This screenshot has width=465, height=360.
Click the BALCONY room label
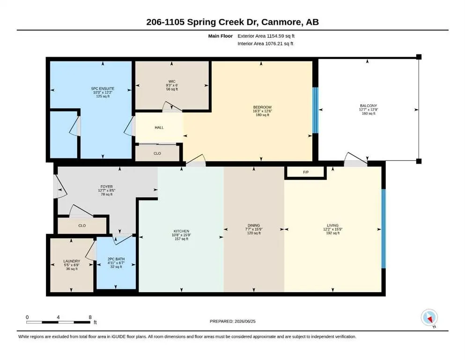point(369,105)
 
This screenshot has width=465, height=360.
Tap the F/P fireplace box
point(306,172)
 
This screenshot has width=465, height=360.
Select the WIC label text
point(172,81)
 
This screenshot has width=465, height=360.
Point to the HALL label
point(159,127)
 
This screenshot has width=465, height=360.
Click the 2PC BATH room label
point(116,259)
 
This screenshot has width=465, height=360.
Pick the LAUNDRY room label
point(72,261)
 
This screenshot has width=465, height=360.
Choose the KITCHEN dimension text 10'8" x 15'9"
point(182,235)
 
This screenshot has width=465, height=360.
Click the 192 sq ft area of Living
point(333,233)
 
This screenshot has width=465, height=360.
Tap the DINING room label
point(253,225)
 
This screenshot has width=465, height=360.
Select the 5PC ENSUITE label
point(103,89)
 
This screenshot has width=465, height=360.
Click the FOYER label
point(106,187)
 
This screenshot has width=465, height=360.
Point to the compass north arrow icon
point(429,317)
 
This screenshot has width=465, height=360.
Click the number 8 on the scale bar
point(90,317)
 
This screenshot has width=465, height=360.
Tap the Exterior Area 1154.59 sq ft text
point(266,36)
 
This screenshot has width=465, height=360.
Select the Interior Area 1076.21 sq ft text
point(266,44)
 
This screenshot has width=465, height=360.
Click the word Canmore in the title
point(280,22)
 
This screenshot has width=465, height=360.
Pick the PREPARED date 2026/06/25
point(245,322)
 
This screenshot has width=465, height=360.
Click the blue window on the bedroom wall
point(315,110)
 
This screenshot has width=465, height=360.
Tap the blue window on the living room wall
point(383,229)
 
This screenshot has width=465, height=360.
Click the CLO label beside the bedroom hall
point(157,153)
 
